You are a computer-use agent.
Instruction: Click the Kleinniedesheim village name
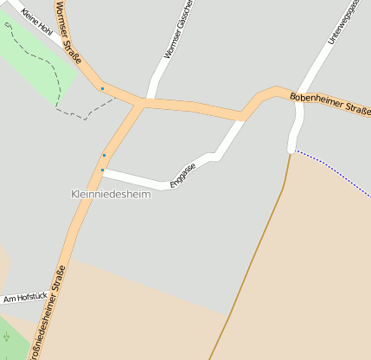[110, 195]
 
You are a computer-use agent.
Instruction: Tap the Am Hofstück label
[23, 299]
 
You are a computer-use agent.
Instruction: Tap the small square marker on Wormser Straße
[102, 88]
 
